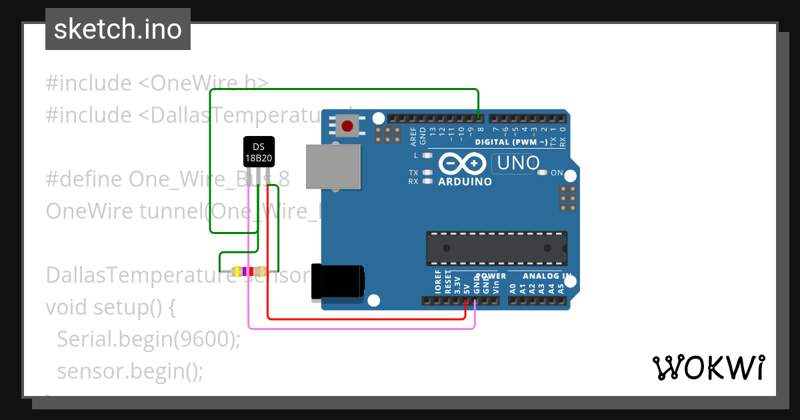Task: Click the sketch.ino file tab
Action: pos(118,29)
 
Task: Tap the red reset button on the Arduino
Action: pos(347,125)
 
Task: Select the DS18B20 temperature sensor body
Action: pos(258,152)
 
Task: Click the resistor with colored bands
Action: pos(248,271)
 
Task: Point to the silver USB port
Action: pos(333,166)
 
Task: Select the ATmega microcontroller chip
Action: pos(497,249)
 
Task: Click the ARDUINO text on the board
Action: pos(465,181)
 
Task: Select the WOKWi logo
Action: pos(708,367)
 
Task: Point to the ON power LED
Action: pos(542,173)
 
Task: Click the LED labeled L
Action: pos(427,155)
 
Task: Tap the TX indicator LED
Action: pos(427,173)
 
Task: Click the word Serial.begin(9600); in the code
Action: pos(148,339)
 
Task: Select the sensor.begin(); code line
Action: pos(129,370)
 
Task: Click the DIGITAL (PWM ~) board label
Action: pos(511,142)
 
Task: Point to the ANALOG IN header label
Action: pos(547,276)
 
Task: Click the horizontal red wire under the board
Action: pos(367,319)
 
